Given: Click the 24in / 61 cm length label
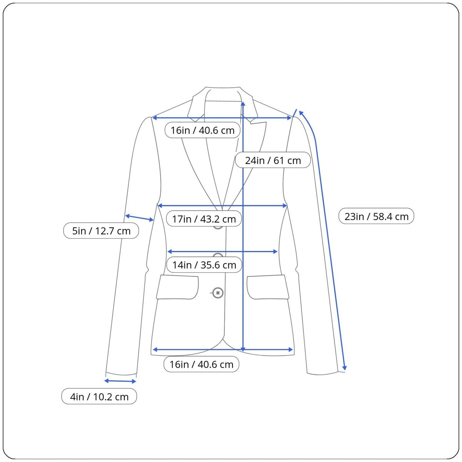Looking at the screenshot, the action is pos(273,160).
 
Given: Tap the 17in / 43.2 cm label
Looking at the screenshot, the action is pos(204,219).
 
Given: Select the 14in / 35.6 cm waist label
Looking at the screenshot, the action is pos(204,264).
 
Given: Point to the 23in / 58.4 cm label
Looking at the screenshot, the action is pos(377,216).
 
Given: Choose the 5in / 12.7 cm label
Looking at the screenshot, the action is pos(101,231).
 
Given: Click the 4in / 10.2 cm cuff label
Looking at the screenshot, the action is pos(99,397).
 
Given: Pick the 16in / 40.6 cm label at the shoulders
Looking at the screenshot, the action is pos(203,130).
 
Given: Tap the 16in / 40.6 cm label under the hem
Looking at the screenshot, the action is pos(201,364).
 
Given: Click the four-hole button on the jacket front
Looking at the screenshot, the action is pos(218,293).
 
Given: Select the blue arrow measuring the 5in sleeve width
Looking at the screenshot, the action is pos(139,218).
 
